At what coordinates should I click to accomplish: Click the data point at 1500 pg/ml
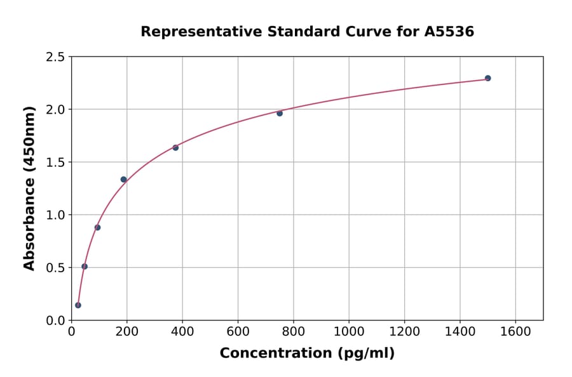487,78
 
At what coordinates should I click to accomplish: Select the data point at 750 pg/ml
280,113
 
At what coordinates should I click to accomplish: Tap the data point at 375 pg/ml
175,147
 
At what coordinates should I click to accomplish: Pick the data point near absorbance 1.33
123,180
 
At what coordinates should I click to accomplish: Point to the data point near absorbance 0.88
97,227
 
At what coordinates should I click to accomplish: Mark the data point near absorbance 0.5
85,267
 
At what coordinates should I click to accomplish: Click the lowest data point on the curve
78,305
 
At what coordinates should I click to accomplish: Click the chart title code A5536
449,31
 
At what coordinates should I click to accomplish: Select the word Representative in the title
191,31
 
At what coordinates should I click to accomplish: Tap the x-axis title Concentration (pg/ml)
307,353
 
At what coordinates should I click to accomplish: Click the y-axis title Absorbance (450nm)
29,188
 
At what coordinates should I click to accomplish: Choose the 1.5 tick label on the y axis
55,162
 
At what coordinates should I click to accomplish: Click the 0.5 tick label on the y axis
55,268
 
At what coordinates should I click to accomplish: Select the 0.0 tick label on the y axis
55,321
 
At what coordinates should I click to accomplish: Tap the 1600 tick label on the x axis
515,331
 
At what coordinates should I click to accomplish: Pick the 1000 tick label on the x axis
349,331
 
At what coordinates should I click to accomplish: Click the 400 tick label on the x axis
182,331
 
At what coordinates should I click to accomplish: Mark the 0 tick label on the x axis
71,331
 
